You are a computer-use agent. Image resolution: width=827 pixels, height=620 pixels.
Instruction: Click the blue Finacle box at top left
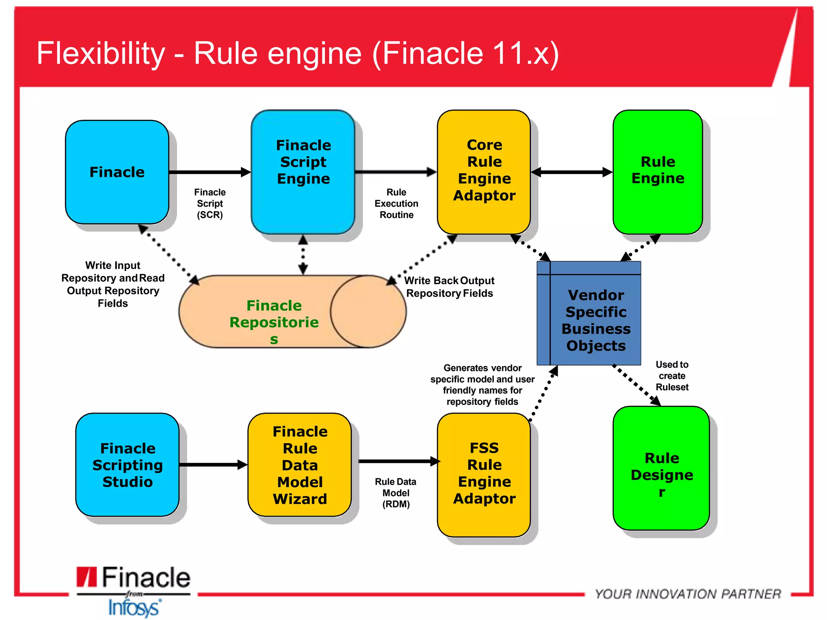(117, 172)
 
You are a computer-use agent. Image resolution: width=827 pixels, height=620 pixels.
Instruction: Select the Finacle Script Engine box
(303, 172)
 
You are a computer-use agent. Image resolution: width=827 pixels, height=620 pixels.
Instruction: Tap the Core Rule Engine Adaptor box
(484, 172)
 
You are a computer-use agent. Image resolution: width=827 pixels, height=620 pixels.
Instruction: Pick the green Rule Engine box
(657, 172)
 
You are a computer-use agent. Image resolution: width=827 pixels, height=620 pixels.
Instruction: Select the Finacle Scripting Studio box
(127, 465)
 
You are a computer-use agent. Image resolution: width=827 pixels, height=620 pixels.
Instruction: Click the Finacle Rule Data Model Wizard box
(300, 465)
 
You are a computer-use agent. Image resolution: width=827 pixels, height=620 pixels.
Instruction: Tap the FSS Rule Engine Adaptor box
(484, 474)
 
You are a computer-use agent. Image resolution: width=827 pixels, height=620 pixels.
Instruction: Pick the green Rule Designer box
(661, 468)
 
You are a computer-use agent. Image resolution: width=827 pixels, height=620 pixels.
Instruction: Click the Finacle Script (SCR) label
(210, 203)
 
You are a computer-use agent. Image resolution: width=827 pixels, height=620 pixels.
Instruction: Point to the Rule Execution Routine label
(396, 203)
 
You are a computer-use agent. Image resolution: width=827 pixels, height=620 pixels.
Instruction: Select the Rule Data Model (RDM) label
(396, 493)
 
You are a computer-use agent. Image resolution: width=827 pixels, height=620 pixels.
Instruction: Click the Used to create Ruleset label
(672, 376)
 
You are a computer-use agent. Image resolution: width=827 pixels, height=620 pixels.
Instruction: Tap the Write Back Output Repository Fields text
(449, 287)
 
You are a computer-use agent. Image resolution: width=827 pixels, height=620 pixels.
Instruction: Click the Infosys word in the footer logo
(134, 608)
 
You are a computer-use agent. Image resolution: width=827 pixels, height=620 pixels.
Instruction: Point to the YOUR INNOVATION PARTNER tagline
(688, 594)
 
